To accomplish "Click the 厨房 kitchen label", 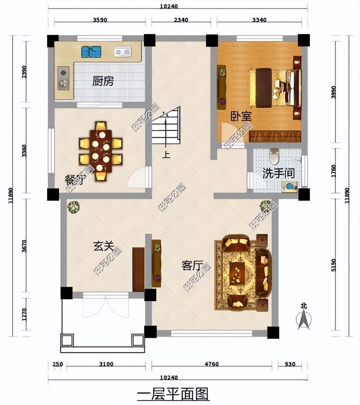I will tap(103, 81).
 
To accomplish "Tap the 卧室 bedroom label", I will tap(241, 116).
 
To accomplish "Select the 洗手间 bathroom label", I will tap(279, 173).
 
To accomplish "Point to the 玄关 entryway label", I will tap(103, 246).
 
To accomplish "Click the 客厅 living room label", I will tap(192, 266).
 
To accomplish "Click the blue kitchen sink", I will tap(91, 52).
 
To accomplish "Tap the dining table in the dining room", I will tap(101, 151).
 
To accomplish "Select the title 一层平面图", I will tap(173, 394).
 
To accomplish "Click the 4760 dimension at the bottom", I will tap(212, 364).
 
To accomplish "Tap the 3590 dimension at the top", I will tap(100, 20).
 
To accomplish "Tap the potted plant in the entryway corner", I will tap(73, 207).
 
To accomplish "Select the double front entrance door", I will tap(106, 305).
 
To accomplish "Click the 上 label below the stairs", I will tap(166, 155).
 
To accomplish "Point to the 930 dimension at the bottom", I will tap(290, 364).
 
